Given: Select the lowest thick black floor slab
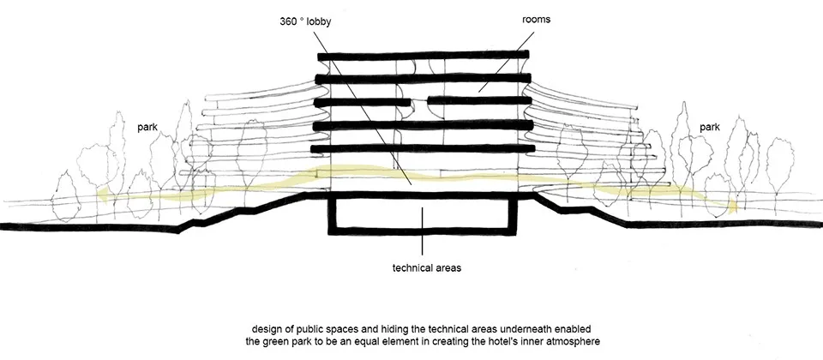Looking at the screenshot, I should click(420, 149).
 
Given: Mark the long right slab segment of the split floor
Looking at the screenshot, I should click(476, 102).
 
